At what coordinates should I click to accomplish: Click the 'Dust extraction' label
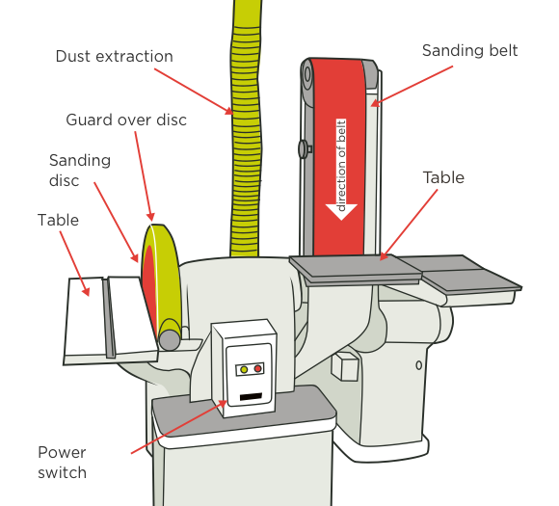click(115, 56)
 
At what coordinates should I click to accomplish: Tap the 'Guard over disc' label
click(126, 120)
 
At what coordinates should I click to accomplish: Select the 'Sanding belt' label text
click(470, 51)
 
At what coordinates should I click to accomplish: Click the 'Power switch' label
click(63, 463)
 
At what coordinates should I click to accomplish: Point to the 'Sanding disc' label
click(80, 171)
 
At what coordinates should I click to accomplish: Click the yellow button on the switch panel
click(244, 369)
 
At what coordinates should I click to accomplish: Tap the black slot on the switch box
click(251, 396)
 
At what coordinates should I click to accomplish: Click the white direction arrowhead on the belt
click(341, 212)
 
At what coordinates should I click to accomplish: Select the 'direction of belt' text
click(341, 166)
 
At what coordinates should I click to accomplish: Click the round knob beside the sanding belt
click(304, 149)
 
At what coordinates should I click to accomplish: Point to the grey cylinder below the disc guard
click(170, 339)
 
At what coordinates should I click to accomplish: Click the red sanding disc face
click(149, 285)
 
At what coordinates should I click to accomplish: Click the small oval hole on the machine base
click(419, 365)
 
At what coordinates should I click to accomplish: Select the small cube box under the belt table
click(344, 366)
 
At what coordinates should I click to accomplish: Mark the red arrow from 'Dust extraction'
click(194, 92)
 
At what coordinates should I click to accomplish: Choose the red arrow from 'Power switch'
click(179, 427)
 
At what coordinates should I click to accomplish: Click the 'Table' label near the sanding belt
click(443, 177)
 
